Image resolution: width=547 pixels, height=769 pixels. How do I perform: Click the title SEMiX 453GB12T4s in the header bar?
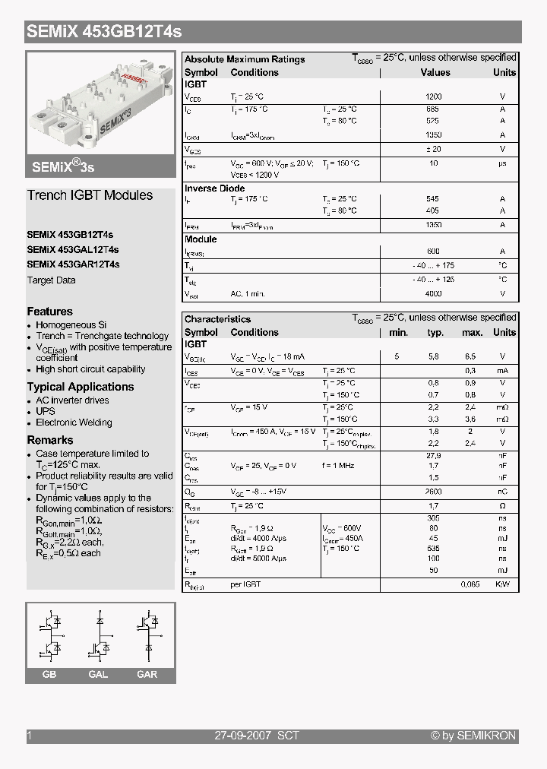coord(104,33)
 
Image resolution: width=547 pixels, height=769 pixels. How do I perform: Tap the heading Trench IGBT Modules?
coord(90,195)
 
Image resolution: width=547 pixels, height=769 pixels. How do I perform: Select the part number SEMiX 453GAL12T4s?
coord(73,249)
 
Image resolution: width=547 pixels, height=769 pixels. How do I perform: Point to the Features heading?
coord(50,312)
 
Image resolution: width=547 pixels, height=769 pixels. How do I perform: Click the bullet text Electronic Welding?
coord(74,422)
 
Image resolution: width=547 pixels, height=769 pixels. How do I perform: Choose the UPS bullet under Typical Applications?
coord(46,411)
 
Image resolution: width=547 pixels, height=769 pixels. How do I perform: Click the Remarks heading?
coord(50,440)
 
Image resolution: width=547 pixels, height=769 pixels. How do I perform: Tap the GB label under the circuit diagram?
coord(49,675)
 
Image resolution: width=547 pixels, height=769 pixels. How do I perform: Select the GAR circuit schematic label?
coord(147,675)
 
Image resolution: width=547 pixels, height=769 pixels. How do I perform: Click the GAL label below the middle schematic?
coord(98,675)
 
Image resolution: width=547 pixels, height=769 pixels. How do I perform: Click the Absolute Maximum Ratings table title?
coord(245,59)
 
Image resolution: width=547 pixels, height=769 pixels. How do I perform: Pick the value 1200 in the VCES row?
coord(433,97)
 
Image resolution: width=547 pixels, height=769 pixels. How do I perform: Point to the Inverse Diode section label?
coord(215,188)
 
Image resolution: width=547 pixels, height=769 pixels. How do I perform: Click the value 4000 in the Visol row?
coord(433,293)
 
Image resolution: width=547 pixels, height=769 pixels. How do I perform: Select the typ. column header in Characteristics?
coord(435,332)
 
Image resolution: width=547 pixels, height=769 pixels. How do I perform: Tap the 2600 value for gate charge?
coord(433,492)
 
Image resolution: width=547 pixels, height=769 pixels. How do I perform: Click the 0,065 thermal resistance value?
coord(472,585)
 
